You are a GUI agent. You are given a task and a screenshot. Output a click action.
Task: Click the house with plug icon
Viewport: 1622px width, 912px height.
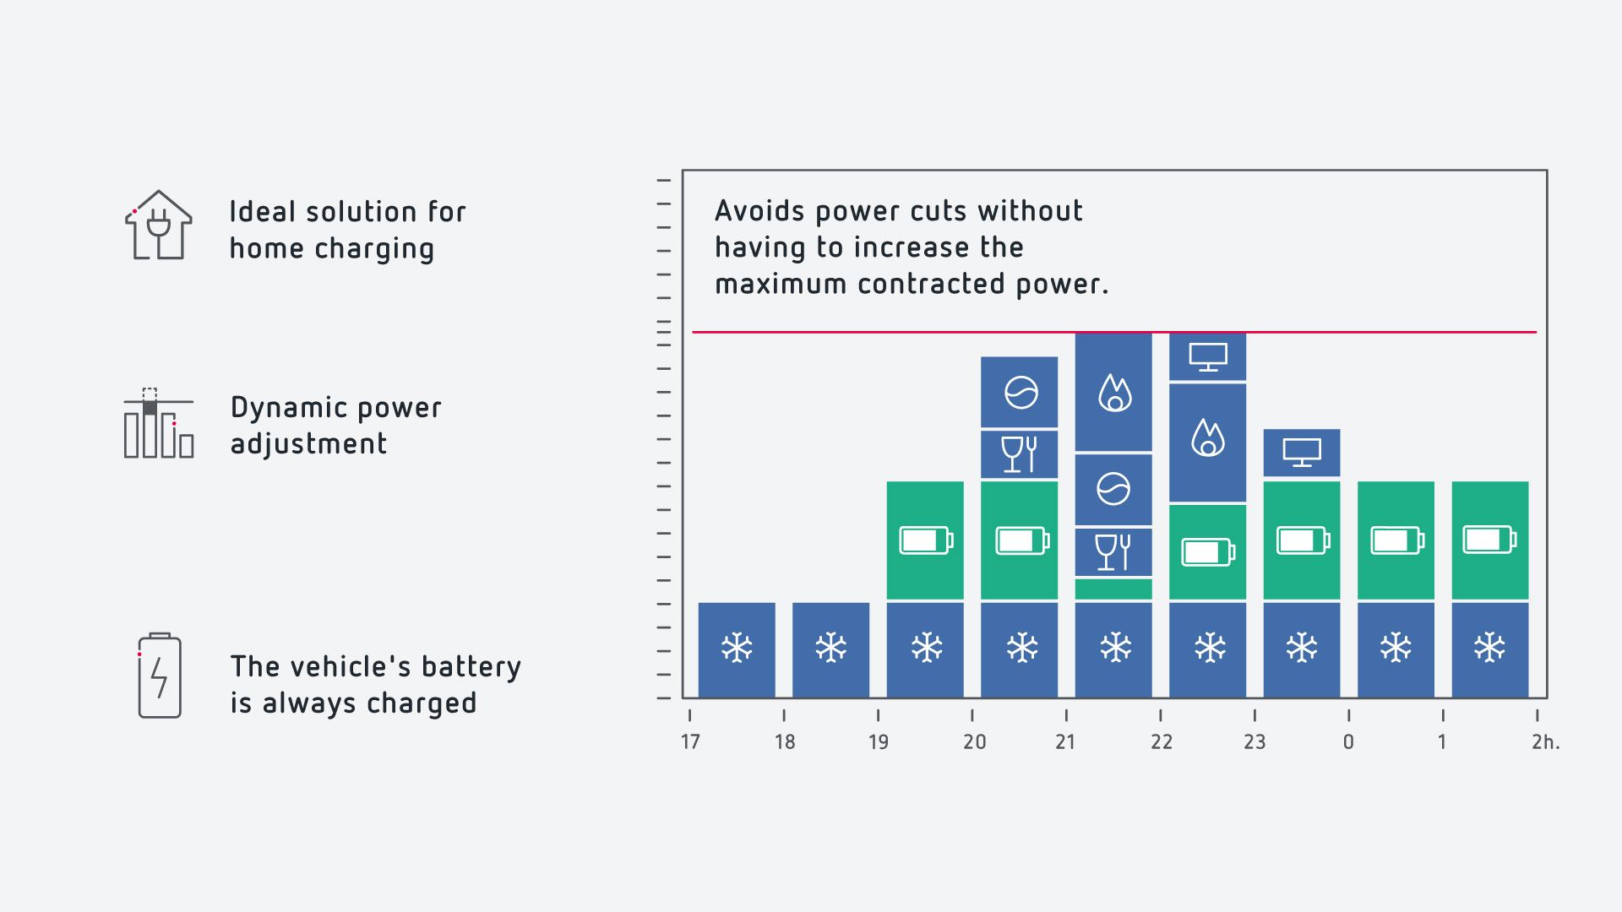(159, 225)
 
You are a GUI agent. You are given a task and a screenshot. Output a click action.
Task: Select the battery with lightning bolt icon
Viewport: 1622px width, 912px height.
(160, 676)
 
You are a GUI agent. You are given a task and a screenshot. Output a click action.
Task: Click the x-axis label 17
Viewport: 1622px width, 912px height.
(690, 741)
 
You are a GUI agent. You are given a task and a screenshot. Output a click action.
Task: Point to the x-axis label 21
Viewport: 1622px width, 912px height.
(1065, 741)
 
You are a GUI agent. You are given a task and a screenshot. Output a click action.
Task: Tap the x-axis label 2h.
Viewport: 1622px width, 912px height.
(1546, 741)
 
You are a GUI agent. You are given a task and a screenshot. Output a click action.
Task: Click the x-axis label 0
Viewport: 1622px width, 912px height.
(1348, 741)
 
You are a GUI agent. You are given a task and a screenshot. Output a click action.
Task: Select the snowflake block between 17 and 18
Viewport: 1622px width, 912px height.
(737, 649)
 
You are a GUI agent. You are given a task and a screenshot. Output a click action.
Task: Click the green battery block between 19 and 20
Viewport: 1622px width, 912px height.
(925, 540)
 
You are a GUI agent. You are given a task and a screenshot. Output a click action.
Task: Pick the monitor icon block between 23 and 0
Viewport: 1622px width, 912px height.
(1302, 453)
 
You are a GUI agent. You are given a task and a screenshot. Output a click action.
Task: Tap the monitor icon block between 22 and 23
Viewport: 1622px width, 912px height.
(1208, 356)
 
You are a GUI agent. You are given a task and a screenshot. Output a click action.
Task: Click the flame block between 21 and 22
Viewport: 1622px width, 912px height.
(1113, 392)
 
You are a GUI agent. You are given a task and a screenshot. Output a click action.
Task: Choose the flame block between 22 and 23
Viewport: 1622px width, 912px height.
(1208, 442)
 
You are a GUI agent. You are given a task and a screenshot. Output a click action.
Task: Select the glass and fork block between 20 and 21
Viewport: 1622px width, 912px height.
(1019, 454)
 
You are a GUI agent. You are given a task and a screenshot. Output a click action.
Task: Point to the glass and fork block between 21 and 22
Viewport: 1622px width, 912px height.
(1113, 552)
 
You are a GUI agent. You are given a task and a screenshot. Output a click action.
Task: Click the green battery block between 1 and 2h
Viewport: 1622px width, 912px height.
(1490, 540)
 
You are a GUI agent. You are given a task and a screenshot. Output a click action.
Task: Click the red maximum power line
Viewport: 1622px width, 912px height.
(1114, 332)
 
